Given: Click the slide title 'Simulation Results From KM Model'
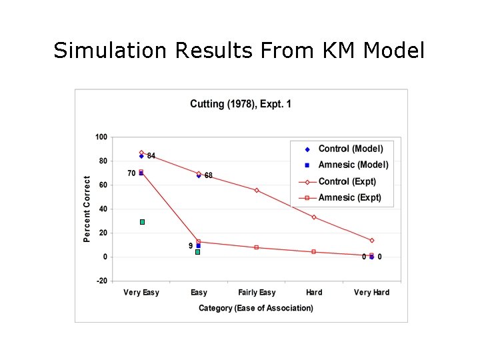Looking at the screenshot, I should click(x=239, y=50).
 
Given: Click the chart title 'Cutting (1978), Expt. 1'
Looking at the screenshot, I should click(x=240, y=103).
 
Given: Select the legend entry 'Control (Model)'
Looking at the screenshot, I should click(x=351, y=149).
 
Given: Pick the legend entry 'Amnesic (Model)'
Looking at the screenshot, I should click(x=353, y=165).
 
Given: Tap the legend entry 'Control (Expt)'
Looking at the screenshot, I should click(x=347, y=181).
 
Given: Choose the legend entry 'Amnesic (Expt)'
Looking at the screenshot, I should click(x=350, y=197).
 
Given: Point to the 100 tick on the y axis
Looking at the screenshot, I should click(x=101, y=137).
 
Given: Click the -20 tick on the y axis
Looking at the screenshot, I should click(x=101, y=281).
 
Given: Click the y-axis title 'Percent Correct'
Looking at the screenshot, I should click(x=87, y=209).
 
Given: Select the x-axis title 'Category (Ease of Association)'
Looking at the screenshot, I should click(x=256, y=308).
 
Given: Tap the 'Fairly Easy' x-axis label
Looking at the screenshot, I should click(x=257, y=293).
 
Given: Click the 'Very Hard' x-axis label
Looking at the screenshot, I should click(x=371, y=293).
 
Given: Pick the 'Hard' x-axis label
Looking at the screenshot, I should click(x=314, y=293).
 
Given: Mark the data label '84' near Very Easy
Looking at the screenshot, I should click(x=151, y=156).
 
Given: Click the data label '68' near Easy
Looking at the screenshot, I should click(x=209, y=176).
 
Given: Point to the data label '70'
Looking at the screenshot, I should click(x=131, y=173).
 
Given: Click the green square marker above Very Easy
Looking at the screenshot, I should click(x=142, y=222).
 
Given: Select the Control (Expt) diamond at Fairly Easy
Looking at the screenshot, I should click(x=257, y=190).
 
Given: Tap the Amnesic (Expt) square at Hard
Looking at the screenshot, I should click(x=314, y=252).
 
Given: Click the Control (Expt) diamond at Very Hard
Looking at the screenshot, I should click(x=371, y=241).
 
